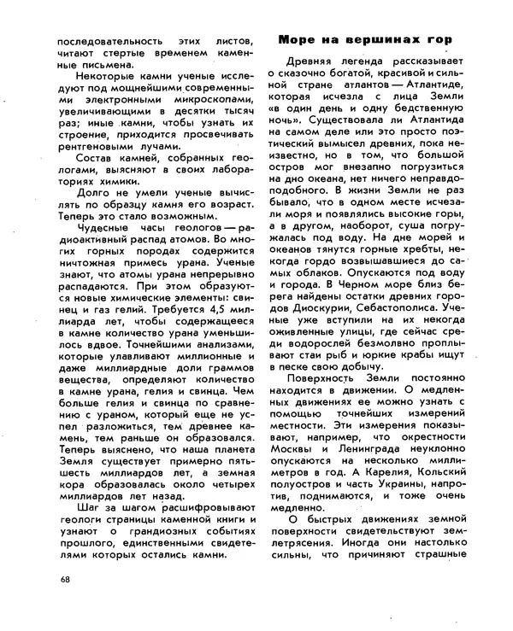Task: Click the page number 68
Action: pos(65,581)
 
